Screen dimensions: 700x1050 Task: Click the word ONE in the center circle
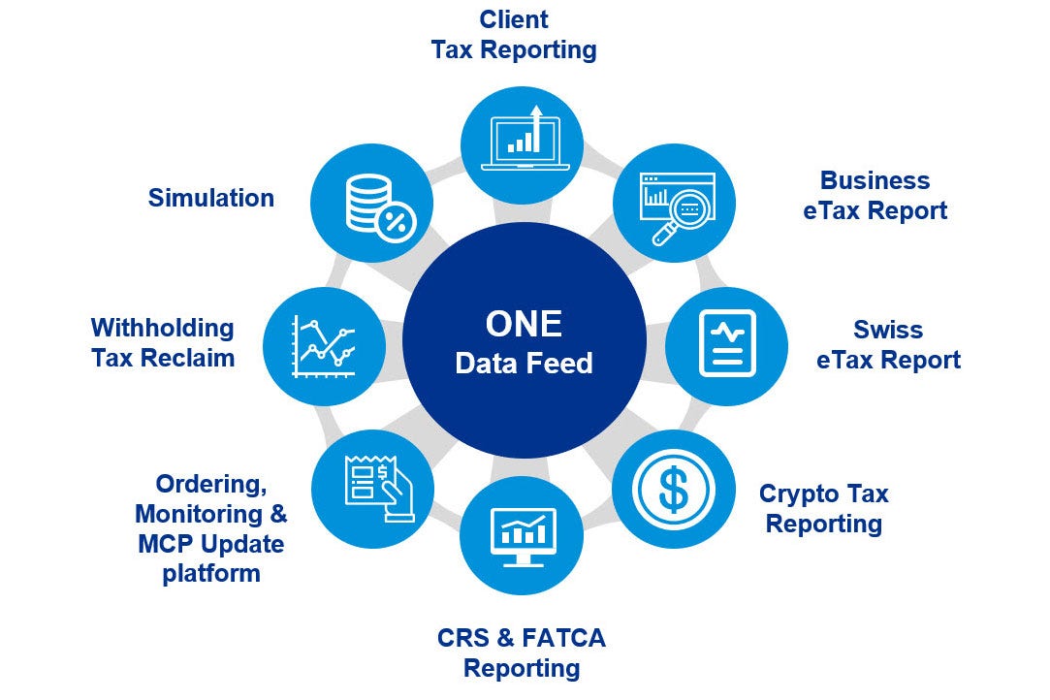point(524,323)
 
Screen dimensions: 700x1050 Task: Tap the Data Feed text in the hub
point(524,364)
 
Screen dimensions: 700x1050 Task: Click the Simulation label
point(210,198)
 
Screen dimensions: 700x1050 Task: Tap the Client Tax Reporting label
point(514,34)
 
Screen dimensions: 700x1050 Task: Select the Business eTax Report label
point(875,195)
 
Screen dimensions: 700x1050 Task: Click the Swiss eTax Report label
point(888,344)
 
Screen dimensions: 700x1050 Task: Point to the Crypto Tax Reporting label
point(823,508)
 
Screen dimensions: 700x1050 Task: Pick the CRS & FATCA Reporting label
point(522,652)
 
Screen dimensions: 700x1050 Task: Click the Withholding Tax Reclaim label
point(163,342)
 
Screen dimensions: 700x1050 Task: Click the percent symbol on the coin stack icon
point(396,223)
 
